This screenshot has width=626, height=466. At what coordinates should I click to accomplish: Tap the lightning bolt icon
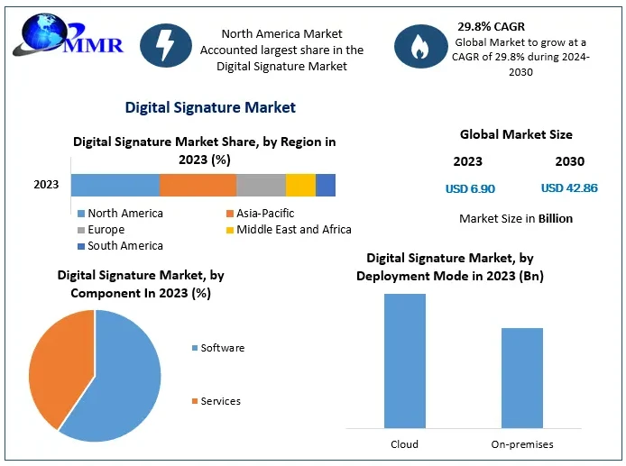click(166, 45)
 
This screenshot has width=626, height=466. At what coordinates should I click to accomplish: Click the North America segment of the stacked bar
click(115, 185)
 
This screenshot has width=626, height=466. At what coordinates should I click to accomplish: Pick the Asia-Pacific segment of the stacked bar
click(198, 185)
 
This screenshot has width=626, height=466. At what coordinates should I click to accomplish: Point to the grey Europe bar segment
click(262, 185)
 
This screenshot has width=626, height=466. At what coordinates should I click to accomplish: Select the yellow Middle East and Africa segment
click(300, 185)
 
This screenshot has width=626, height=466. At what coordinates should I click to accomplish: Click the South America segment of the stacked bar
click(326, 185)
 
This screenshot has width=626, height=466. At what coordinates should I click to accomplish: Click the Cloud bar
click(404, 361)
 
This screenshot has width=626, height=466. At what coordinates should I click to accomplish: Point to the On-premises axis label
click(522, 444)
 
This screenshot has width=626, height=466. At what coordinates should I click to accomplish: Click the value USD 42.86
click(569, 189)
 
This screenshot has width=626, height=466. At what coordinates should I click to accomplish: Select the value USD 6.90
click(470, 189)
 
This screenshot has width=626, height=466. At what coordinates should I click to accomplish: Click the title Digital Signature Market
click(210, 107)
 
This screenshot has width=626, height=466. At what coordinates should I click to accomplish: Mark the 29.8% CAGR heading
click(491, 27)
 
